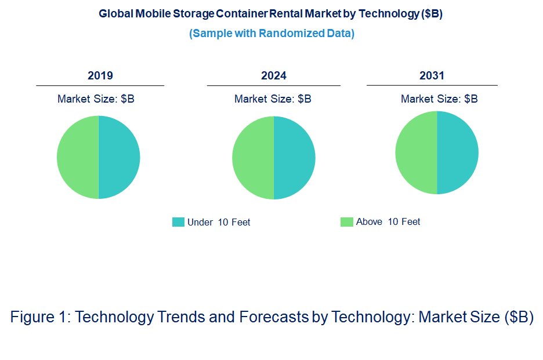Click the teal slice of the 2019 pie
point(120,157)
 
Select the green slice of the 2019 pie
point(78,157)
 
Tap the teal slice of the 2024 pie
point(295,158)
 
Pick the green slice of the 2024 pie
point(253,158)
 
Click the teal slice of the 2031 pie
point(458,152)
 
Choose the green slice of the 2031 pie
point(416,152)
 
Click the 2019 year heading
point(100,75)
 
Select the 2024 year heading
point(274,75)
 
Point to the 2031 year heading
point(432,75)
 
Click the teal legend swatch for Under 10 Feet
point(178,222)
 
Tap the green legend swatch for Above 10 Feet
point(346,221)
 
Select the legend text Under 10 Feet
point(219,222)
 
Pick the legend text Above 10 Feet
point(388,221)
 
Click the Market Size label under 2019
point(96,99)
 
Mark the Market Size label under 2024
point(273,99)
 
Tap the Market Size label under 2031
point(439,99)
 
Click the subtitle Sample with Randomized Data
point(271,33)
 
